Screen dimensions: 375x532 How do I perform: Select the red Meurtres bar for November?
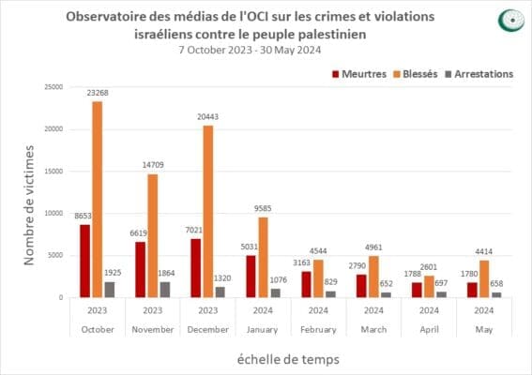click(x=140, y=270)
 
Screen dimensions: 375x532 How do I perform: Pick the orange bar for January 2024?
click(x=264, y=257)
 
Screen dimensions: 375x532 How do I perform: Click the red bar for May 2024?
click(x=472, y=290)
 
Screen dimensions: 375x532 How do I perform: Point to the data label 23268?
click(x=97, y=93)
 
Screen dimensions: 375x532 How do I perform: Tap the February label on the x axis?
click(x=318, y=329)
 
